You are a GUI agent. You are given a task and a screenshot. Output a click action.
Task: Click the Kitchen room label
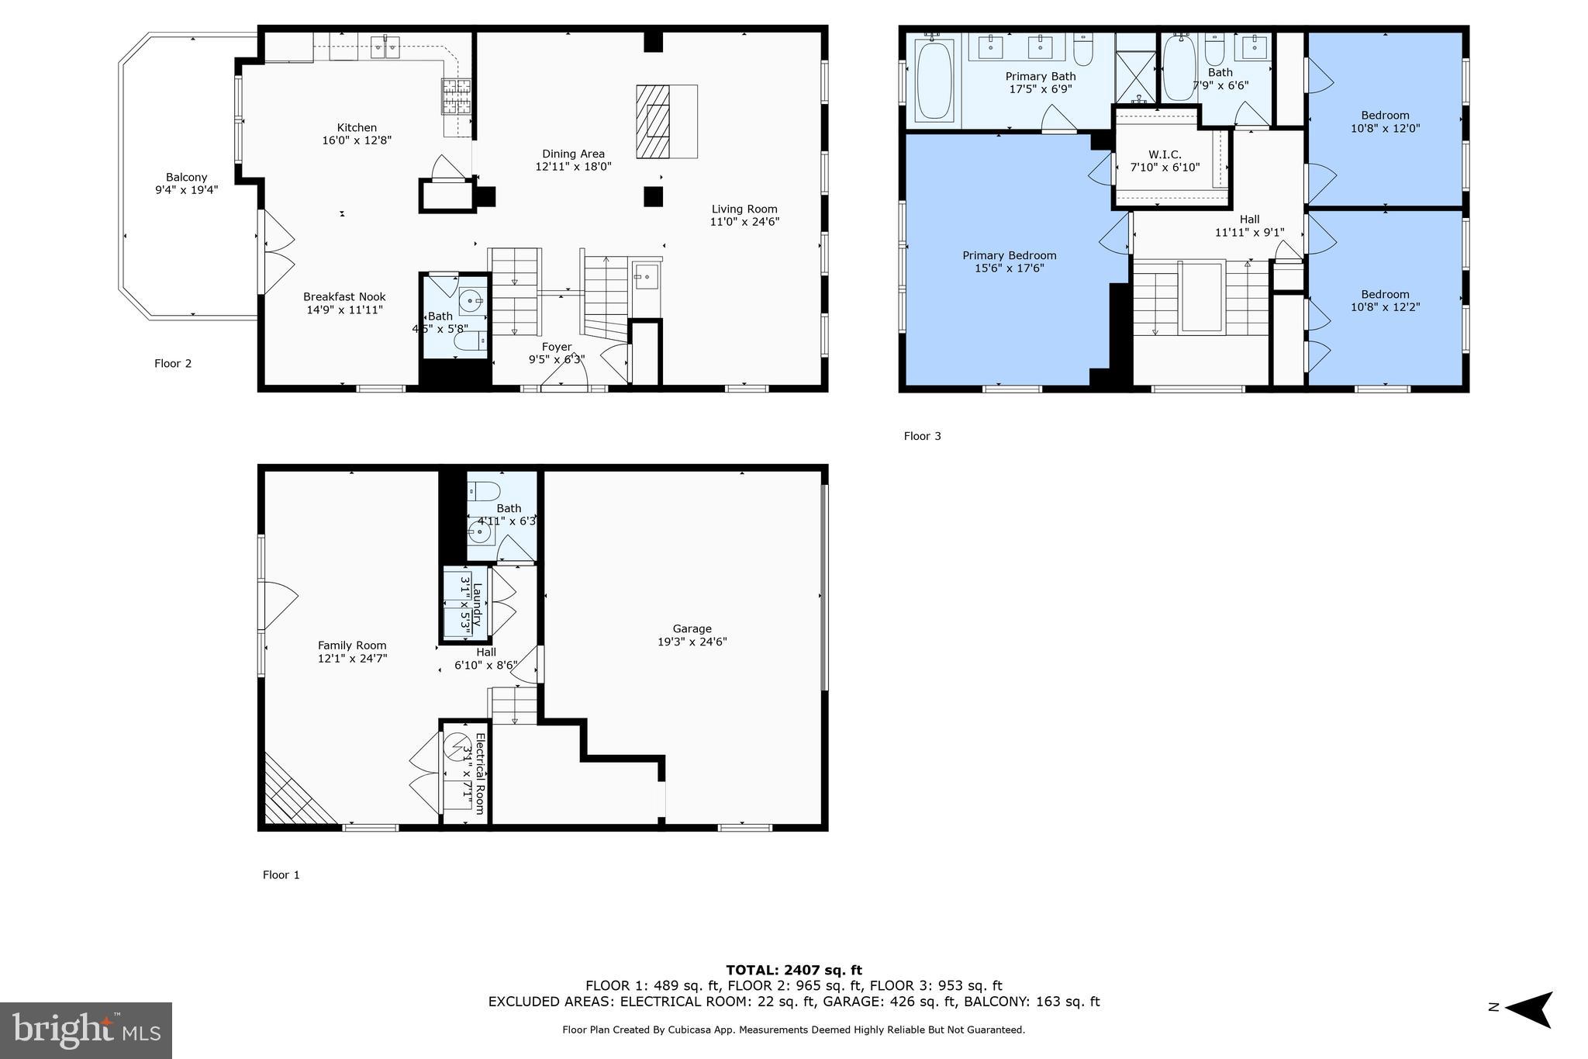pos(357,128)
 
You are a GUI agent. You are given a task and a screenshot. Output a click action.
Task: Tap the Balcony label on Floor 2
pos(186,178)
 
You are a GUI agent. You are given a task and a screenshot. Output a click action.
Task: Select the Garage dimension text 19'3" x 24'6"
pos(692,642)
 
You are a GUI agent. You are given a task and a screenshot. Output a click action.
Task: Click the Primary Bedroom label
pos(1009,255)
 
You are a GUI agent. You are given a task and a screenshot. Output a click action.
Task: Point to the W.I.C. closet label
pos(1165,154)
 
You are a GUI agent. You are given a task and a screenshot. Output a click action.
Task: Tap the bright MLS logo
pos(86,1030)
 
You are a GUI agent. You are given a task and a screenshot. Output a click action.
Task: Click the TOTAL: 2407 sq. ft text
pos(793,970)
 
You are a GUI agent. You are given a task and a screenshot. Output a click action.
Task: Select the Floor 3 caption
pos(922,436)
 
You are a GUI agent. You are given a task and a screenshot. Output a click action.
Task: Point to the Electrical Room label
pos(479,773)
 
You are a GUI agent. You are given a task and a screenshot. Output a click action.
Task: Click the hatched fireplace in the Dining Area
pos(652,122)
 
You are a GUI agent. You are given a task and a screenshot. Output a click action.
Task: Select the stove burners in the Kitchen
pos(457,97)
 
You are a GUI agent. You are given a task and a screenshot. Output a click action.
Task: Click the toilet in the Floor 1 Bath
pos(485,491)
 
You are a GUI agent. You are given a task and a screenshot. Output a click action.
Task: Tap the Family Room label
pos(352,645)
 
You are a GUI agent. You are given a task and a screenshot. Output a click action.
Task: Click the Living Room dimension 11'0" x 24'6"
pos(744,222)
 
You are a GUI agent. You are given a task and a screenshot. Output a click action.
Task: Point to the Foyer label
pos(556,347)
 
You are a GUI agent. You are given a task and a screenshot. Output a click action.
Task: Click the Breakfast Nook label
pos(344,297)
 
